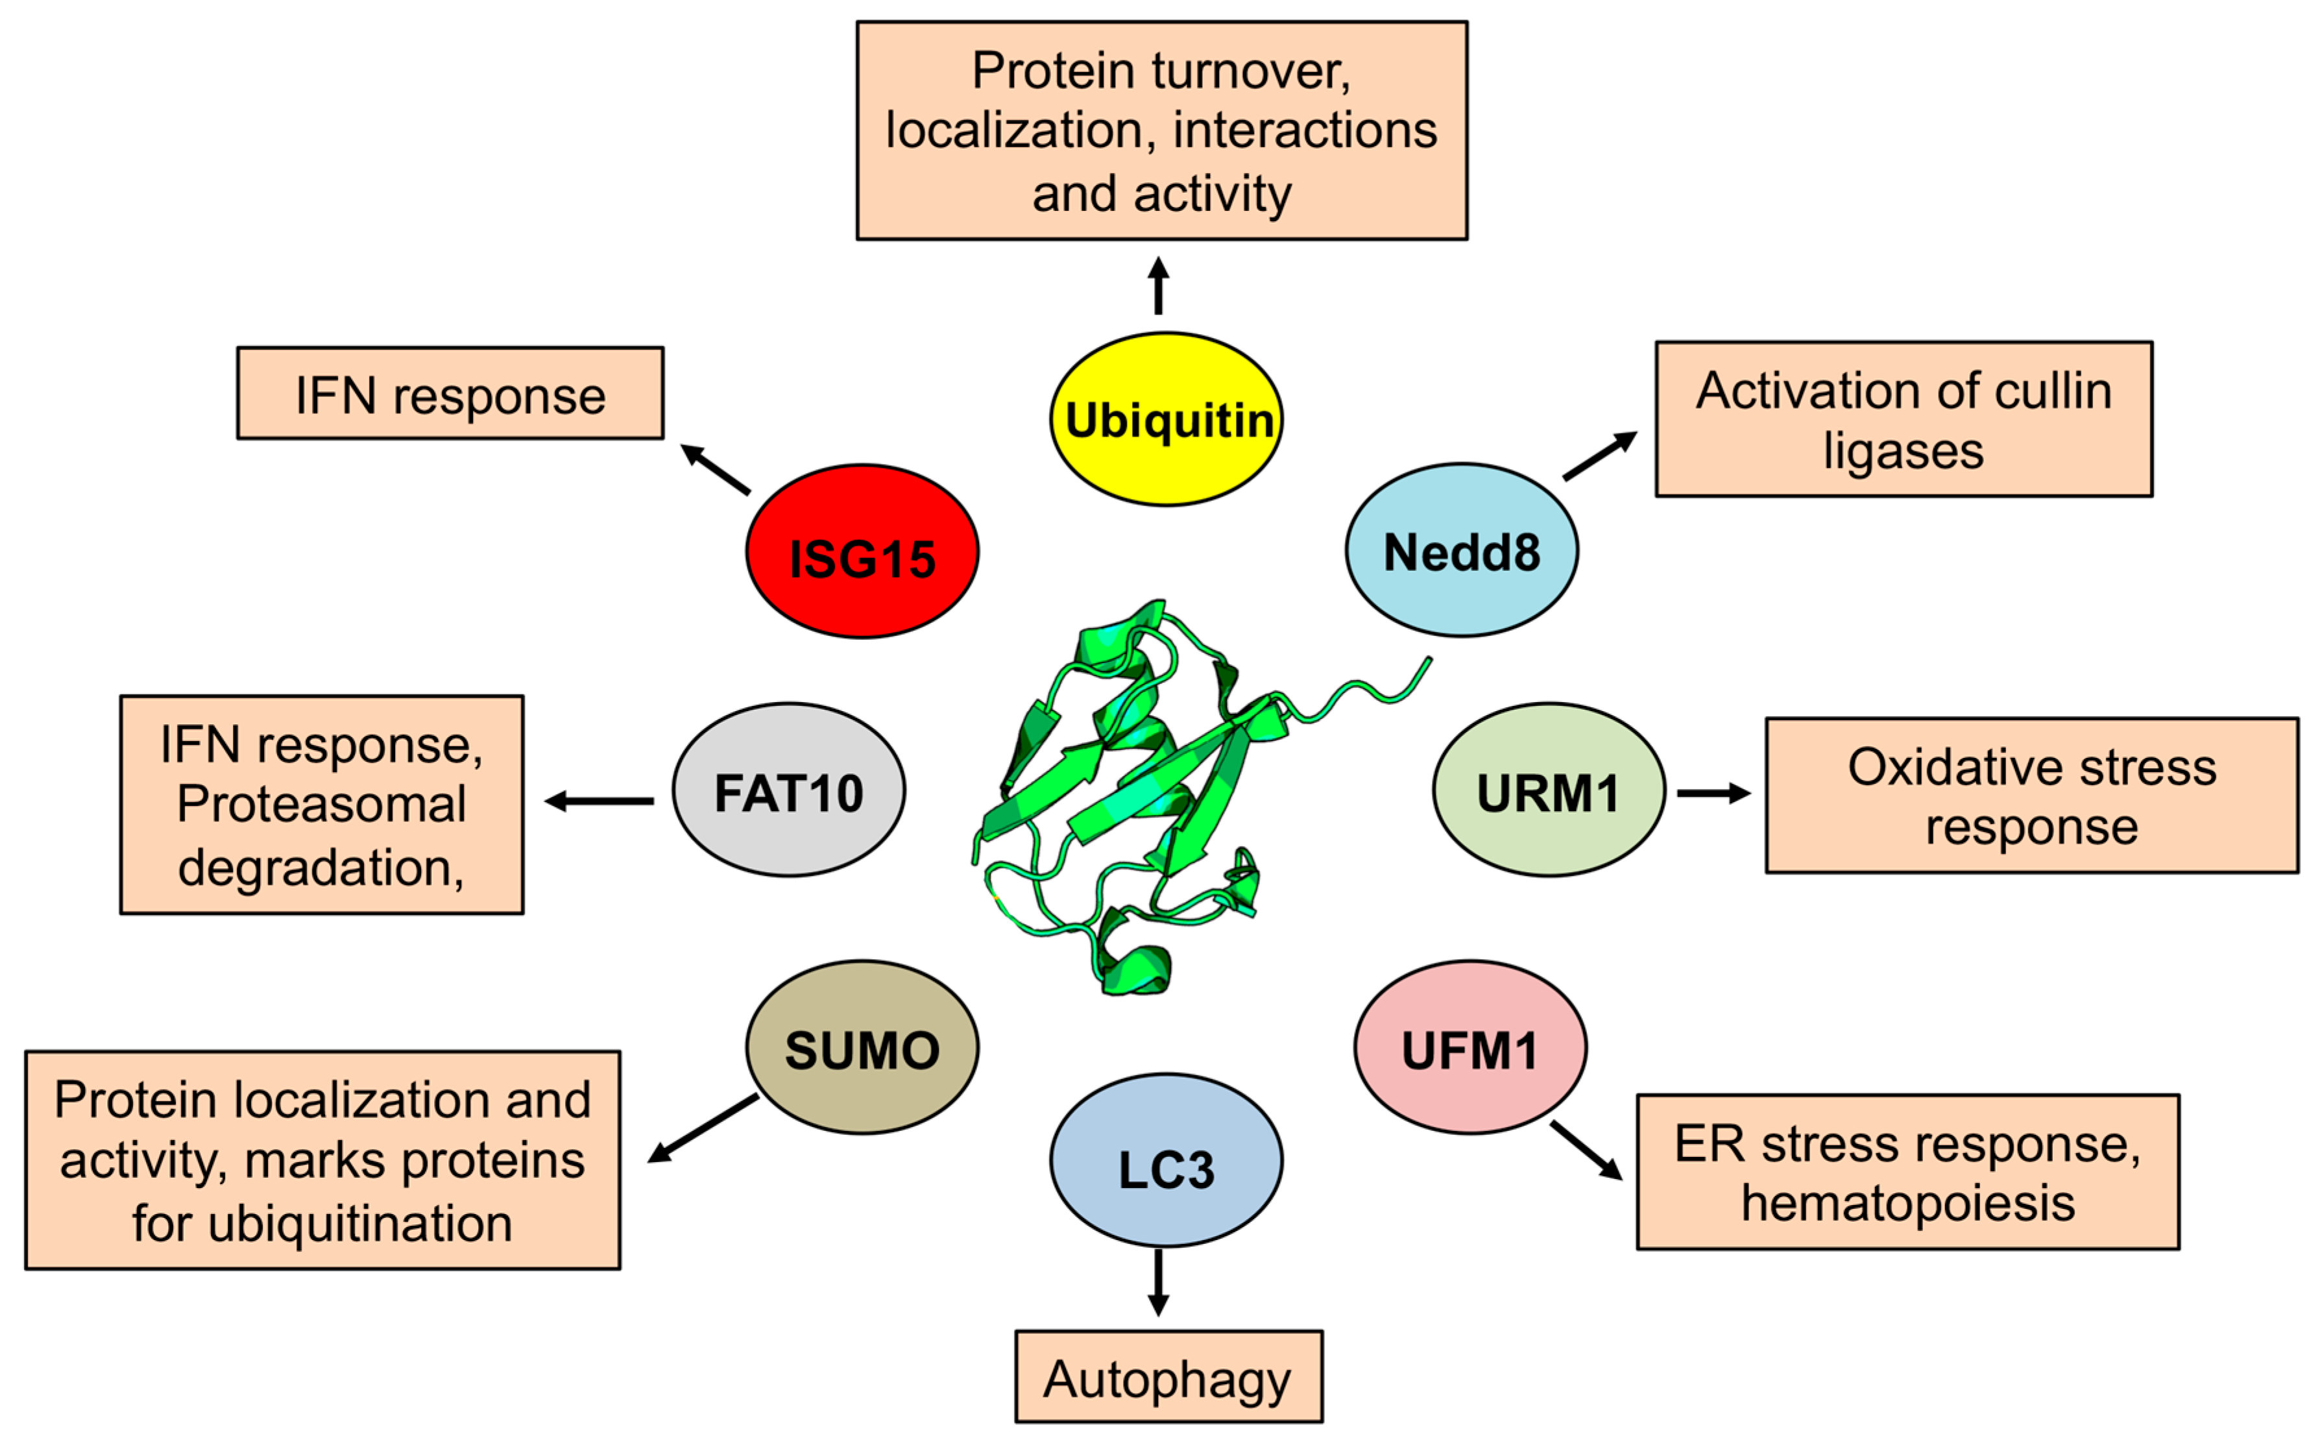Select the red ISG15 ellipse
[862, 552]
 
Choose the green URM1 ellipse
[1548, 790]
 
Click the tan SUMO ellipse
[862, 1048]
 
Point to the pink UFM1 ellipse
[1469, 1048]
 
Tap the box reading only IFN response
[450, 393]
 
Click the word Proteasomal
[321, 803]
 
